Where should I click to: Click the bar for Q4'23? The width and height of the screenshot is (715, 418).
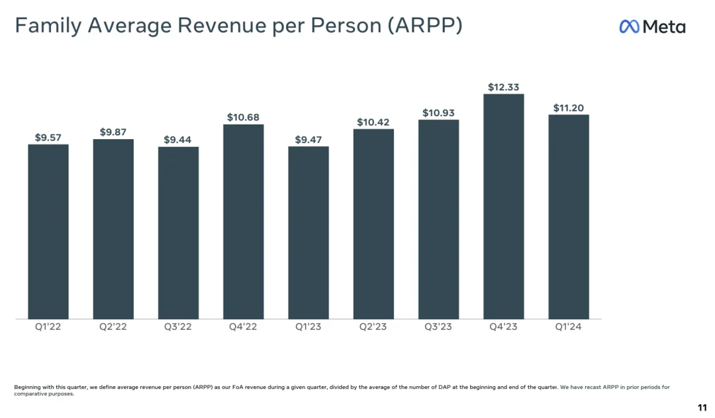click(x=503, y=207)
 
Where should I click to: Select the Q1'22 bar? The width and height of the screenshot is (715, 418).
click(x=48, y=232)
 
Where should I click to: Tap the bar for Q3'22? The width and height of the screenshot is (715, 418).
click(x=178, y=233)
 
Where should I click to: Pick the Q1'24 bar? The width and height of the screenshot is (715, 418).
click(x=568, y=217)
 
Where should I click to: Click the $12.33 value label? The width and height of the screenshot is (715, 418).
click(x=504, y=87)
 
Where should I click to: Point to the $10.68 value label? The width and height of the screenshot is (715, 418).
click(x=243, y=117)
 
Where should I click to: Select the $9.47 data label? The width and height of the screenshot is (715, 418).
click(x=308, y=140)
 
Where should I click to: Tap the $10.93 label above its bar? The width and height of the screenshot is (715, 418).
click(x=438, y=113)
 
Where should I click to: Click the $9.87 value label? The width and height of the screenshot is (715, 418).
click(x=113, y=132)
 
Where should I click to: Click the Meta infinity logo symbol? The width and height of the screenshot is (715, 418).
click(x=629, y=26)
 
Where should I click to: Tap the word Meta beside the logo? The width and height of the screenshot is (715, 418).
click(x=664, y=26)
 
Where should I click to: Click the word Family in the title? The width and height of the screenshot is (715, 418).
click(x=47, y=26)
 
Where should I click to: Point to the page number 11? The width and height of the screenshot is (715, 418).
click(x=702, y=407)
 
